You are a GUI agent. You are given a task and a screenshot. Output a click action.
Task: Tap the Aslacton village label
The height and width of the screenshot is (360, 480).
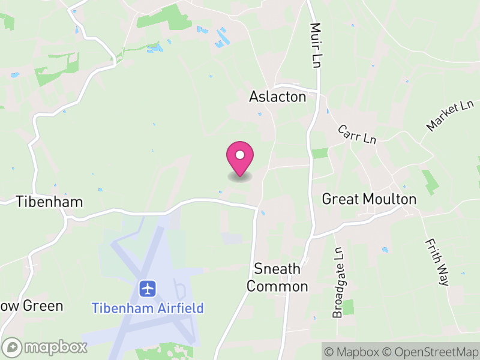coord(277,97)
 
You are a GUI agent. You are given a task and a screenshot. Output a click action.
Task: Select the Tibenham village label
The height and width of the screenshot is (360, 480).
coord(49,201)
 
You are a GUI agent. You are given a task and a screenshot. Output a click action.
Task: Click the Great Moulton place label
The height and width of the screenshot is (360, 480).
coord(369,199)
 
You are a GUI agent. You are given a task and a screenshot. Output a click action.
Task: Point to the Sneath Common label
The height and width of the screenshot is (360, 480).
coord(277,277)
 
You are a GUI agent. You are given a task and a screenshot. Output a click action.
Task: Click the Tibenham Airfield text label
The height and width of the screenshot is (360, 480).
coord(148,308)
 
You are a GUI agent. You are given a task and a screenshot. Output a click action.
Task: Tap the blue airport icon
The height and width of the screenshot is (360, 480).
coord(148,288)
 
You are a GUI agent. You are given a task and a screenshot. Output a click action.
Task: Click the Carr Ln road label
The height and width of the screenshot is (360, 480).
coord(356,134)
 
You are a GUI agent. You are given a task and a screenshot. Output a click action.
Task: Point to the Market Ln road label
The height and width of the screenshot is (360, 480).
coord(449,116)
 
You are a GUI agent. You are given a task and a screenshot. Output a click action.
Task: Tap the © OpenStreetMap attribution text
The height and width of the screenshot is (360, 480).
coord(430,352)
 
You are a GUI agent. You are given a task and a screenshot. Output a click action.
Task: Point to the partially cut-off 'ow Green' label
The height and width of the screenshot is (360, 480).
coord(31,306)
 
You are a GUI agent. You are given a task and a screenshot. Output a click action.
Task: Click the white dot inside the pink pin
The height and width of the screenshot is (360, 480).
coord(239,155)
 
